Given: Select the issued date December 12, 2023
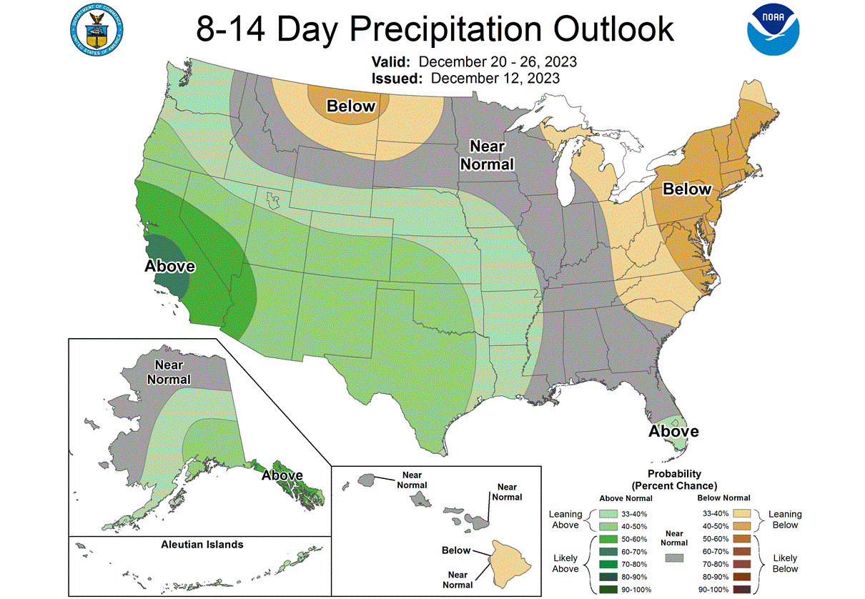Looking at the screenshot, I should tap(495, 78).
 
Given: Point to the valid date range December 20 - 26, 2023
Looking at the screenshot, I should tap(498, 61).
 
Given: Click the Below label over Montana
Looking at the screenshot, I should tap(350, 107).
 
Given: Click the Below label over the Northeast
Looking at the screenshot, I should tap(687, 189).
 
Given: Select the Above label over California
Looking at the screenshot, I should tap(170, 266).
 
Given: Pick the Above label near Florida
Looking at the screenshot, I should tap(673, 431).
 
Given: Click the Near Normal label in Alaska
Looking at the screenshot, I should tap(169, 372).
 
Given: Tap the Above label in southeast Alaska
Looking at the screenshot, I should tap(282, 475).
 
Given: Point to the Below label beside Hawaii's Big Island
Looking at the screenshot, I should tap(455, 550).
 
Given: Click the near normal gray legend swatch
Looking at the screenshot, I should tap(674, 558).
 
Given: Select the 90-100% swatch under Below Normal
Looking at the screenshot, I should tap(748, 590).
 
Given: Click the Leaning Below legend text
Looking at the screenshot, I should tap(785, 520).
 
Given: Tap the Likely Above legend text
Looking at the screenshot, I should tap(565, 563).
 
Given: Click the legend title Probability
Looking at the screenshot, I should tap(674, 474).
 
